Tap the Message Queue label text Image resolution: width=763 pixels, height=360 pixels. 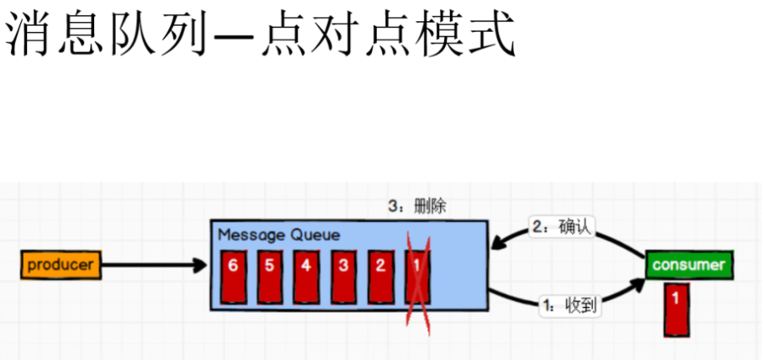pyautogui.click(x=278, y=235)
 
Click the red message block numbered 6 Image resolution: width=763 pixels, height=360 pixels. pyautogui.click(x=233, y=274)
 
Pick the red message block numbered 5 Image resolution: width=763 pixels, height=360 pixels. pyautogui.click(x=269, y=274)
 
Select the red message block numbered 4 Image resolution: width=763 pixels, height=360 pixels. pyautogui.click(x=306, y=274)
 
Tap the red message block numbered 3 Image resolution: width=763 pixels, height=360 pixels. pyautogui.click(x=343, y=274)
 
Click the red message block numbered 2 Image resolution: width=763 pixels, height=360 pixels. pyautogui.click(x=380, y=274)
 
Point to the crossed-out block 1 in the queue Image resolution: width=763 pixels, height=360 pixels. pyautogui.click(x=418, y=274)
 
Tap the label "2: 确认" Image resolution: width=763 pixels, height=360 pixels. pyautogui.click(x=561, y=227)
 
